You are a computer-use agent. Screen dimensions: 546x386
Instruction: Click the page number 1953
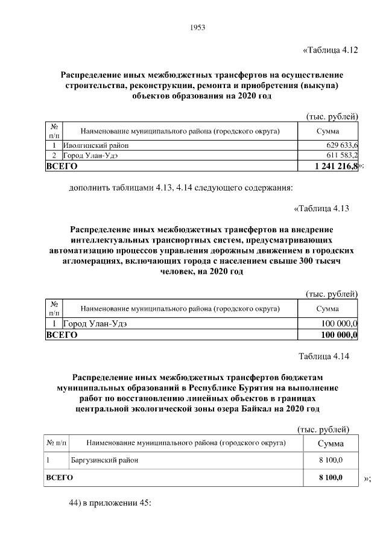[198, 28]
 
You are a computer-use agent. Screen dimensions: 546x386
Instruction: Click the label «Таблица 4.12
[330, 50]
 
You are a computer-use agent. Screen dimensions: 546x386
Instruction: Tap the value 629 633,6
[342, 145]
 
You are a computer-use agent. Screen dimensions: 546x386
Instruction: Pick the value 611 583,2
[342, 155]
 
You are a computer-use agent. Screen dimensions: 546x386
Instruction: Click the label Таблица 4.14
[324, 356]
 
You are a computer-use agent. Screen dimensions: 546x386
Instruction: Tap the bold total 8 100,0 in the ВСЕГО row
[331, 478]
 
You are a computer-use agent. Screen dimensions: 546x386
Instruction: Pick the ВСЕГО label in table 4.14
[60, 478]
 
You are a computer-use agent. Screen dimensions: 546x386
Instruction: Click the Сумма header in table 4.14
[331, 443]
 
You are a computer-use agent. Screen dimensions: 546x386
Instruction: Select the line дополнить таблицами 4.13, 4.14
[180, 188]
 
